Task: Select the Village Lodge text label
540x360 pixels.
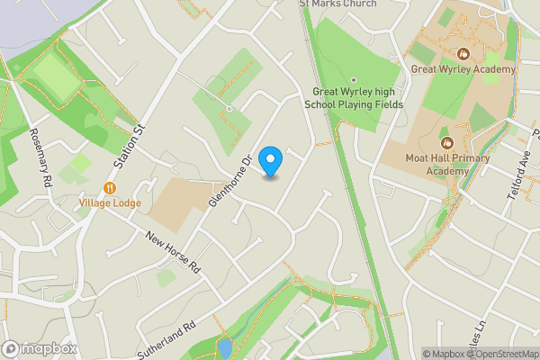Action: point(110,203)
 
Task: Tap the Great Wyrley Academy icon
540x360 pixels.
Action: point(463,54)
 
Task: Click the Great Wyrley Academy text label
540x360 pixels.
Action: point(463,69)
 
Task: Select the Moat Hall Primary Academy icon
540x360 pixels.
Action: point(446,142)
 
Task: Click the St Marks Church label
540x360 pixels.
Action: point(337,4)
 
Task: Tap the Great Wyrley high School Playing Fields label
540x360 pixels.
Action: point(353,98)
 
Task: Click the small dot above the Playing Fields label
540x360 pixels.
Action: point(354,79)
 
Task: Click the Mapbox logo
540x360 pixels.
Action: point(40,349)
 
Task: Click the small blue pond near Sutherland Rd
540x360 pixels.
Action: point(224,346)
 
